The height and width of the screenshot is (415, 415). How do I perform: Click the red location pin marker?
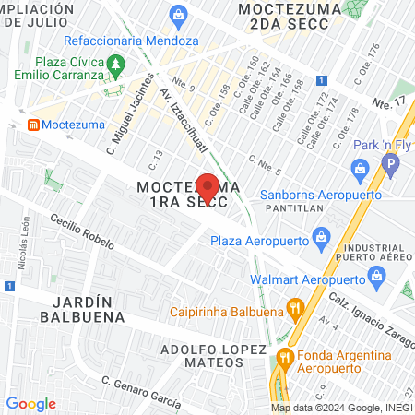tap(208, 188)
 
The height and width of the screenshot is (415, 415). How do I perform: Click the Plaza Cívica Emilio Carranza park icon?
tap(115, 65)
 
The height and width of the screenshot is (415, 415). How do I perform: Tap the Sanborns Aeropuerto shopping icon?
tap(361, 170)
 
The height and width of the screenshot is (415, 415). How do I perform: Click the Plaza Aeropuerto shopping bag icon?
tap(320, 239)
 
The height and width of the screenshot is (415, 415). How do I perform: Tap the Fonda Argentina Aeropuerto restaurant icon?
tap(286, 357)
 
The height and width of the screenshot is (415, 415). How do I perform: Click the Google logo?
tap(30, 404)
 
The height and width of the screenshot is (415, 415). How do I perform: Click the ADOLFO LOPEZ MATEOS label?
tap(213, 357)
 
